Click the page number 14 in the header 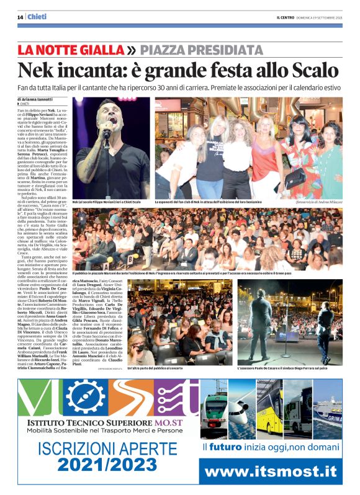(20, 17)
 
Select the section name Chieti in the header (37, 17)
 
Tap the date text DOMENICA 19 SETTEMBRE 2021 (326, 17)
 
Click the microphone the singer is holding (106, 133)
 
